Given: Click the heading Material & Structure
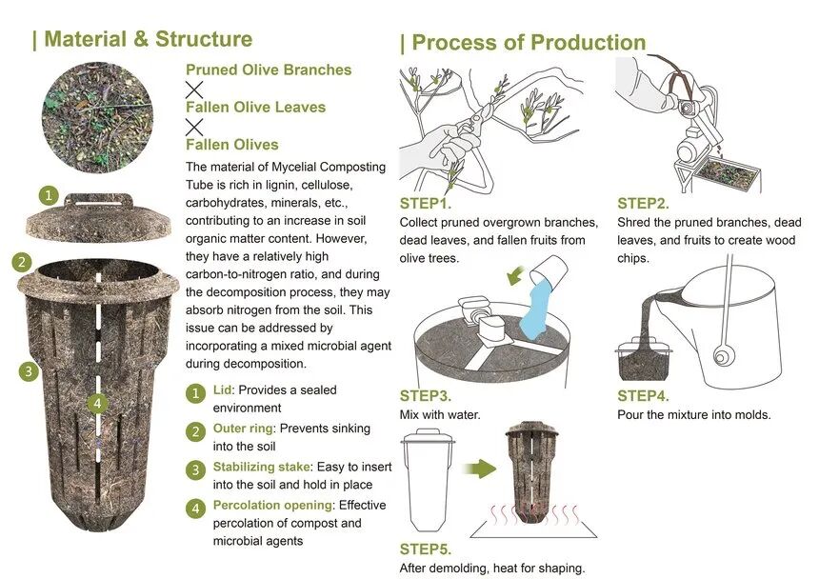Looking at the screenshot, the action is (x=148, y=39).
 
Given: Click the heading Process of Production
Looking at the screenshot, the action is (x=529, y=43).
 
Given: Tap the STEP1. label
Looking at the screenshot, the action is (x=425, y=204).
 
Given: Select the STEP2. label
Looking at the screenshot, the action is (x=643, y=204).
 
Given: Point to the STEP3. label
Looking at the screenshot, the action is (x=425, y=396).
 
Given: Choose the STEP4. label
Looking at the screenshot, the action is (x=643, y=396).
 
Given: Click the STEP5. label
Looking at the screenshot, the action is (x=425, y=549).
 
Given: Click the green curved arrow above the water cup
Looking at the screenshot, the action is (x=516, y=275).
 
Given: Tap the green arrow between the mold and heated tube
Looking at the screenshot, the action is (x=479, y=469).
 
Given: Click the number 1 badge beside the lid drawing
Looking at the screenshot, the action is (x=49, y=196).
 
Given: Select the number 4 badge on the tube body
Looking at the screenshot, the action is (x=97, y=403).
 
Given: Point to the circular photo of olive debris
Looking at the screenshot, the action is (x=97, y=117).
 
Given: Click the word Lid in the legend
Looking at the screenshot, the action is (x=222, y=390).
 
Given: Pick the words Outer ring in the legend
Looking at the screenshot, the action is (x=243, y=429).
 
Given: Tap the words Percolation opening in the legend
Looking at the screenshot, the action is (x=272, y=506).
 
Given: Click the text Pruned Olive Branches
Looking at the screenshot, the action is (x=269, y=70).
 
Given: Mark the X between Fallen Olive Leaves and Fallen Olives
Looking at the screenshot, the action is (x=194, y=127).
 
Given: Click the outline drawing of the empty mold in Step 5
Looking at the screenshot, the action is (x=428, y=479).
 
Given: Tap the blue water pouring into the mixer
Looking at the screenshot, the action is (x=537, y=307).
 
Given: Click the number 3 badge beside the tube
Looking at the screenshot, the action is (x=29, y=371).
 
